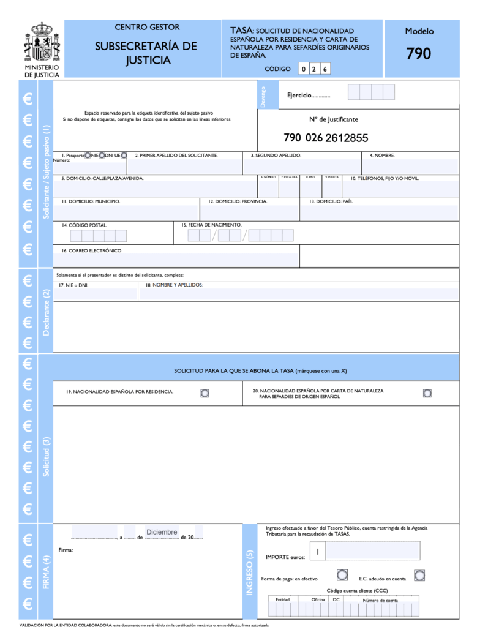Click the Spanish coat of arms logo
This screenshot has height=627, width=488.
click(x=42, y=42)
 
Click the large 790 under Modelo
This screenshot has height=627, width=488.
click(x=419, y=54)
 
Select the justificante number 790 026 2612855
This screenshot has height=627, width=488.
click(x=326, y=138)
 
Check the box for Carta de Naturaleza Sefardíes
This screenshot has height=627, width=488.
click(x=427, y=392)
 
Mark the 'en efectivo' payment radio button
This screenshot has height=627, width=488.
click(x=342, y=575)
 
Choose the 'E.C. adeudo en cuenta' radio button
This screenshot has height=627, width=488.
click(x=419, y=575)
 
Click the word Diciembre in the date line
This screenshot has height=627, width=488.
click(x=162, y=532)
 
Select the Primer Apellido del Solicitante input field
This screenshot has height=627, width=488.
click(x=184, y=167)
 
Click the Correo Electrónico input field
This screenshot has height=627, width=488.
click(x=178, y=260)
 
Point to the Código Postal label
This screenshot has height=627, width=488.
click(x=84, y=225)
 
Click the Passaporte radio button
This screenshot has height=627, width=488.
click(x=88, y=156)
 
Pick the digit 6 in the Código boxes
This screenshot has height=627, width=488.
click(x=325, y=69)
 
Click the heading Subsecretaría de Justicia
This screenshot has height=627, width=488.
click(x=146, y=53)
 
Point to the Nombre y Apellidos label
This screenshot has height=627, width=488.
click(x=174, y=285)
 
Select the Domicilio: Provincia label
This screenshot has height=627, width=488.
click(x=238, y=201)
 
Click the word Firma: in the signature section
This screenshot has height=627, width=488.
click(x=66, y=550)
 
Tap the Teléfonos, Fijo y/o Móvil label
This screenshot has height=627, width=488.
click(x=385, y=178)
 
